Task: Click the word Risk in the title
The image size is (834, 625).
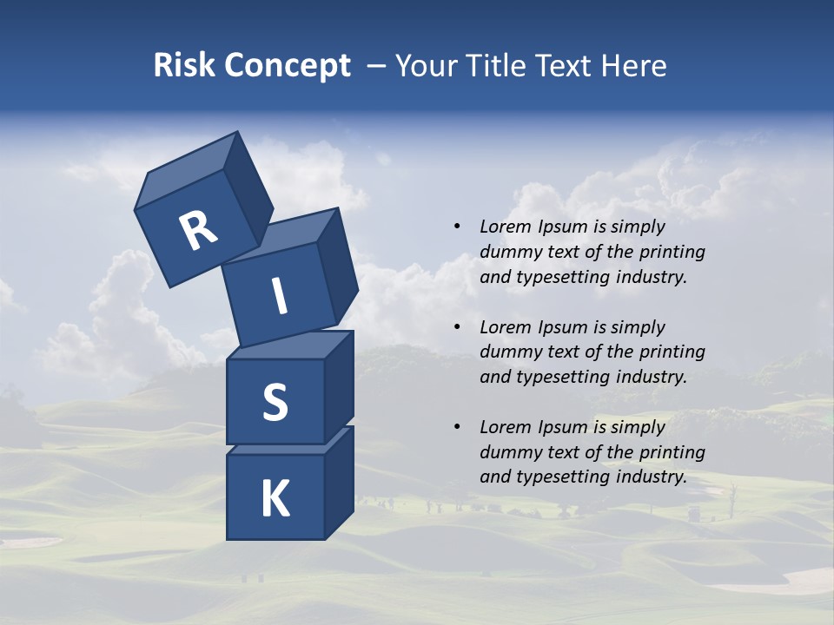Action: pos(184,66)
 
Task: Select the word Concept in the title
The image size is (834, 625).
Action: pos(287,67)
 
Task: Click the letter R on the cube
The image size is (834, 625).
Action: pos(198,231)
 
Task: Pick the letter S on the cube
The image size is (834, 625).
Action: pos(275,402)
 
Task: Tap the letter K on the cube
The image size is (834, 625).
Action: pos(275,499)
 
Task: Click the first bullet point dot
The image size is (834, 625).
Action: pos(458,227)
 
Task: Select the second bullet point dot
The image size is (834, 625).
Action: pos(458,327)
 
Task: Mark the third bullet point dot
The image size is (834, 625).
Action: pos(458,427)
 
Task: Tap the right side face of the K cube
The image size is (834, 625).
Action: pos(339,482)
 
